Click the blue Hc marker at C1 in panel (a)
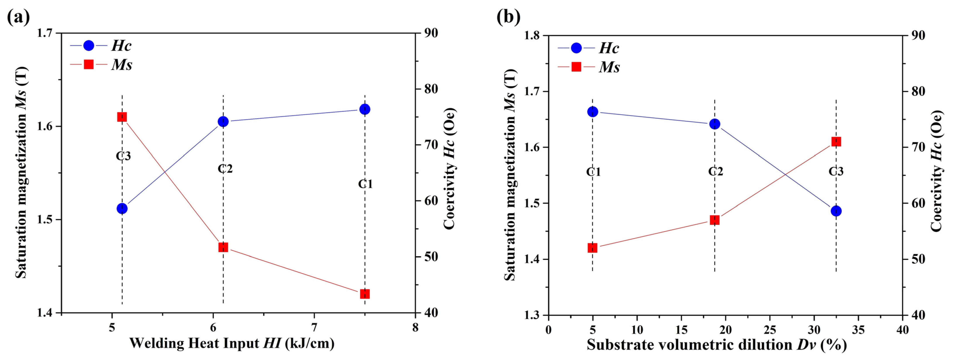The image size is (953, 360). (365, 109)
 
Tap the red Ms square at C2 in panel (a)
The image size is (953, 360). (223, 247)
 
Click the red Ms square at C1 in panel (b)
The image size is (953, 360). (593, 248)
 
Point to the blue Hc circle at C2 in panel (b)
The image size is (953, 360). (715, 124)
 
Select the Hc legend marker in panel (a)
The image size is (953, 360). (89, 45)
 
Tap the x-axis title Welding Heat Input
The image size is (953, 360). (232, 343)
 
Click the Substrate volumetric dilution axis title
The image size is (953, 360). (716, 345)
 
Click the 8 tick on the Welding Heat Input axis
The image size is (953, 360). (415, 328)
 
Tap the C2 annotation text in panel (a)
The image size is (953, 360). (225, 169)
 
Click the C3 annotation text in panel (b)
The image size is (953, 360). (836, 171)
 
